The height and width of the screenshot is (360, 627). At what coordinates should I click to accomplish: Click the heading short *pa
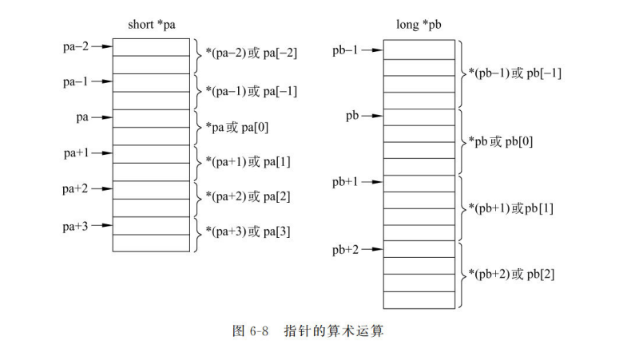pos(152,25)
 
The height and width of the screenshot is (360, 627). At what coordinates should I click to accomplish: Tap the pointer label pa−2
pos(76,46)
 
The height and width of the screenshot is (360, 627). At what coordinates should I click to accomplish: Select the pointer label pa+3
pos(76,226)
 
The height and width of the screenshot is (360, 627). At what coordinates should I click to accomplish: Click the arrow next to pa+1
pos(102,152)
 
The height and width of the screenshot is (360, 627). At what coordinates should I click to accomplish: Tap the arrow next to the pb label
pos(373,117)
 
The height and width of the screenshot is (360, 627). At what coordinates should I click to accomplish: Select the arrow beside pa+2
pos(102,189)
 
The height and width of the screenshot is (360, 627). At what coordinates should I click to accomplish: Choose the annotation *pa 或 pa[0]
pos(240,127)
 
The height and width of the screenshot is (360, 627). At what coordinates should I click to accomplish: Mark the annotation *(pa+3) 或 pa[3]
pos(248,232)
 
